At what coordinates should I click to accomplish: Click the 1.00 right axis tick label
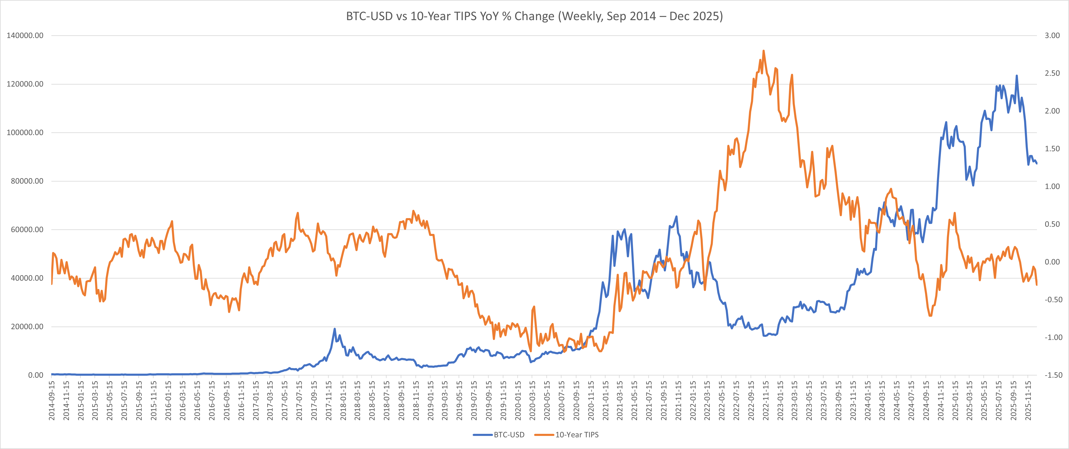coord(1052,186)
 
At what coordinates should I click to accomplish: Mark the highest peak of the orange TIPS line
coord(764,51)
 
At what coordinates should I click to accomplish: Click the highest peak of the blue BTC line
coord(1016,76)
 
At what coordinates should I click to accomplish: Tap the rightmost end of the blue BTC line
coord(1037,164)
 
